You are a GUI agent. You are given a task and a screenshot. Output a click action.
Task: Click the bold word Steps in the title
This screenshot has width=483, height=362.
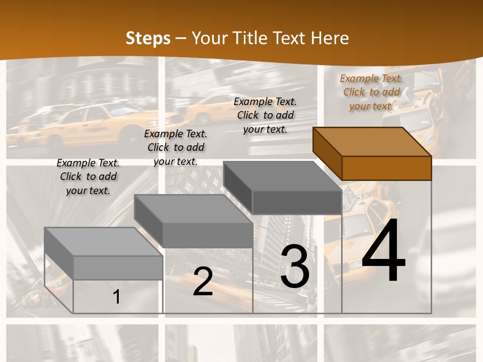click(x=147, y=38)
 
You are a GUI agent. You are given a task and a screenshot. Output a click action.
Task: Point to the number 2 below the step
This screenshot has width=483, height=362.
click(x=203, y=282)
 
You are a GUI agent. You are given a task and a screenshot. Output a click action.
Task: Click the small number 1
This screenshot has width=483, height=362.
click(x=116, y=297)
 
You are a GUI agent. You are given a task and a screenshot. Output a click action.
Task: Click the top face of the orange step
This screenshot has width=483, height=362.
click(x=372, y=142)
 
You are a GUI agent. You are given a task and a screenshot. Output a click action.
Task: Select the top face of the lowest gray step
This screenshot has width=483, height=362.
click(x=103, y=242)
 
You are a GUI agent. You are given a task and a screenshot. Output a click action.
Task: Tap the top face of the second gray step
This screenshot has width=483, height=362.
click(x=193, y=209)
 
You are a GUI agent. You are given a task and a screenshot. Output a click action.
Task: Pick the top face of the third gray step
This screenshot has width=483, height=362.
click(x=282, y=176)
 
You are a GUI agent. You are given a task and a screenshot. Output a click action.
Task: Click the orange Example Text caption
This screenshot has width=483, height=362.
click(x=371, y=92)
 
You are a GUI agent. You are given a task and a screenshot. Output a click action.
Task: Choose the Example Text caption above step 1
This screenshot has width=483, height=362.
click(x=88, y=176)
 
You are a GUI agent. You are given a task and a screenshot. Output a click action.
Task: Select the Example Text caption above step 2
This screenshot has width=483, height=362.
click(x=176, y=147)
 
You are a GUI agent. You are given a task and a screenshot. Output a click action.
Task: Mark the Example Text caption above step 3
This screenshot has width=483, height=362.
click(x=265, y=115)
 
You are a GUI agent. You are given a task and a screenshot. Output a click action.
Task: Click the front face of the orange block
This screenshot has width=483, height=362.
click(x=386, y=168)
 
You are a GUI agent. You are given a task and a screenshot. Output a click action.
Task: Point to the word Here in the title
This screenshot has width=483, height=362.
click(x=330, y=38)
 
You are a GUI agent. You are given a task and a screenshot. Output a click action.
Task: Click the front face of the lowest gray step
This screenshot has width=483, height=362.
click(x=118, y=267)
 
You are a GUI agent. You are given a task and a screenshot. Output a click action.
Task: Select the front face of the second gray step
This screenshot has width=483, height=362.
click(x=207, y=235)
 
